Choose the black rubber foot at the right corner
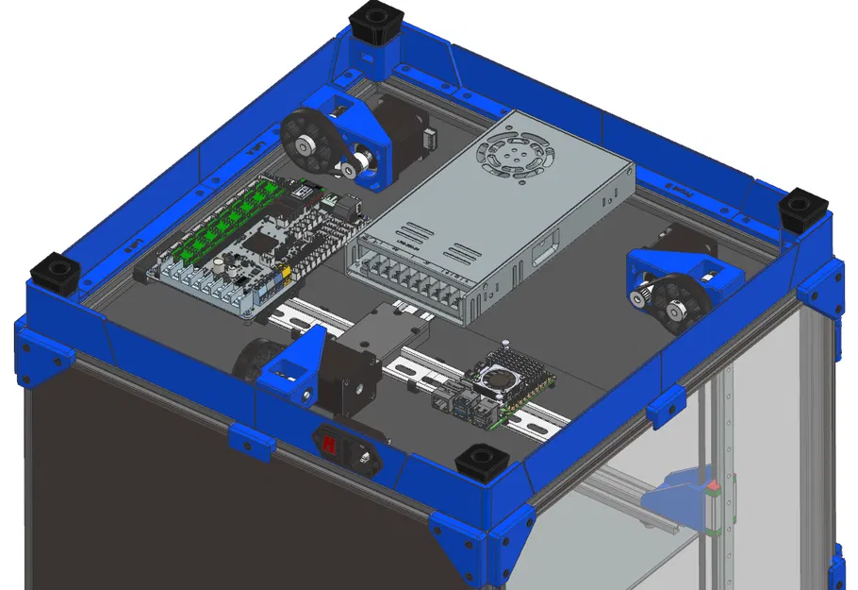tap(804, 209)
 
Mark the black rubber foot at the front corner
tap(482, 464)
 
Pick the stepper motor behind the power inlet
tap(349, 378)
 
